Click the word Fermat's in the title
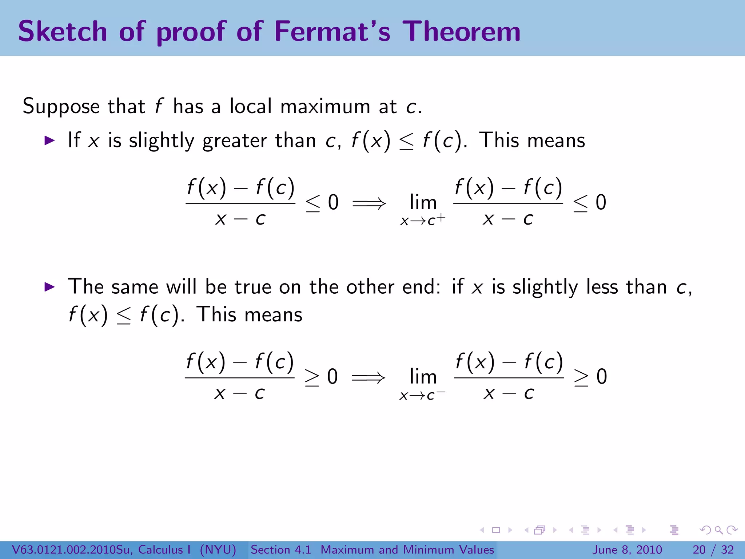332,31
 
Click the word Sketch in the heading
63,31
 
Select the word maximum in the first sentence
325,107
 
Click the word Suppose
61,107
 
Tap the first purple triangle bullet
49,140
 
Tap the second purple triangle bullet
49,287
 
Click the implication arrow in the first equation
369,203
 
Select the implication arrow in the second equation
368,377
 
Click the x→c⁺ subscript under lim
422,220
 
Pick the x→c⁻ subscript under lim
422,395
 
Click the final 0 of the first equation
601,202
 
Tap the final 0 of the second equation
602,377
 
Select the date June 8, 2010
628,550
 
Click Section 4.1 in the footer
281,550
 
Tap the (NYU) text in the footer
218,550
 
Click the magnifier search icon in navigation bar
718,530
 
